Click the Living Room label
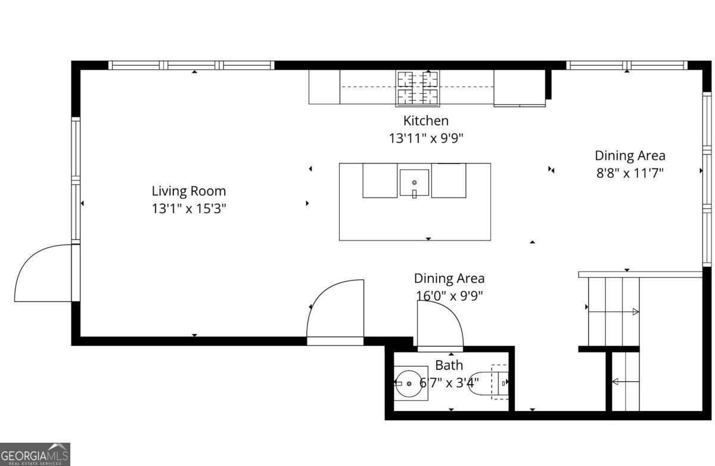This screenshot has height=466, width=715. [x=188, y=192]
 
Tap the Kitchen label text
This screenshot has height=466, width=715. [x=425, y=121]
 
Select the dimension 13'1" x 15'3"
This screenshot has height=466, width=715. [x=188, y=209]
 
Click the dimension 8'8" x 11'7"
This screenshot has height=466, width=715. [x=630, y=174]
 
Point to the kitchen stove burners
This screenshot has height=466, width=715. [x=417, y=87]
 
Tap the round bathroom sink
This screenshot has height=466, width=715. [x=410, y=383]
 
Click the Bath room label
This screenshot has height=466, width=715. [x=449, y=365]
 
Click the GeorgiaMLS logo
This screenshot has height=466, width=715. [x=35, y=454]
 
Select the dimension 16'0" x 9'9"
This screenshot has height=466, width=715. [x=449, y=295]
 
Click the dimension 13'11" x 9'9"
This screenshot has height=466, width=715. [x=425, y=138]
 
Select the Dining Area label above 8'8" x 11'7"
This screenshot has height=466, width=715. [x=630, y=156]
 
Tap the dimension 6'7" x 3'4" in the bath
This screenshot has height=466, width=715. [x=449, y=382]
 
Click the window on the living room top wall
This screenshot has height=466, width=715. [x=191, y=66]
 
